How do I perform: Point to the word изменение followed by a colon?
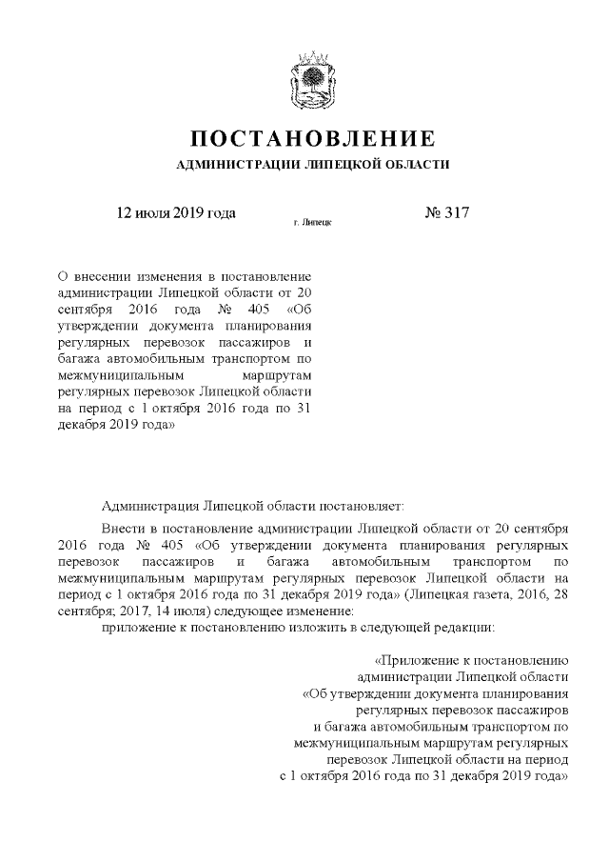click(x=290, y=611)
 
